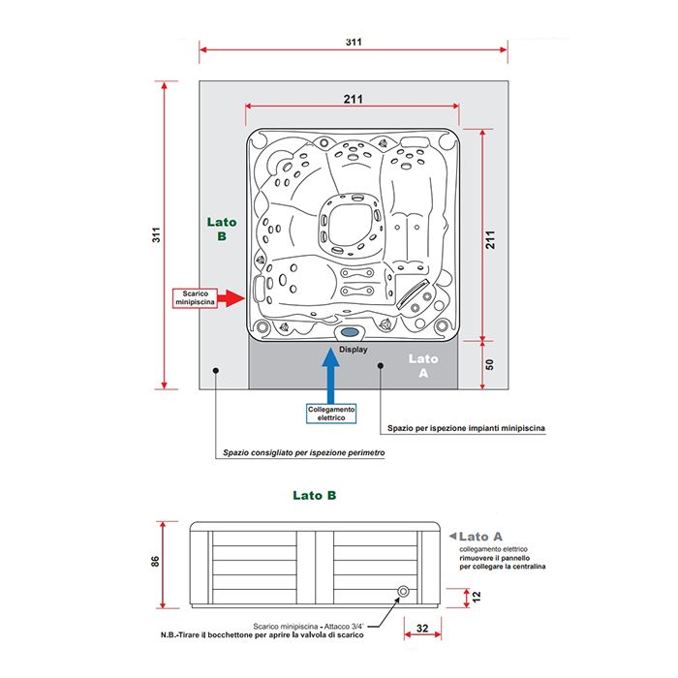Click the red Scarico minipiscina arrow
[x=231, y=298]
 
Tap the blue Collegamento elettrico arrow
[x=331, y=376]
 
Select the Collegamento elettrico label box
[x=331, y=414]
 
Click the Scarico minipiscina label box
[x=195, y=298]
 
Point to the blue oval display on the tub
[x=350, y=332]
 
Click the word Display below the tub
[x=354, y=350]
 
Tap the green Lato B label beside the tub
[x=222, y=229]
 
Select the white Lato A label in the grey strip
[x=423, y=365]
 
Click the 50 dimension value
[x=489, y=364]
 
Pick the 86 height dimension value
[x=155, y=561]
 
